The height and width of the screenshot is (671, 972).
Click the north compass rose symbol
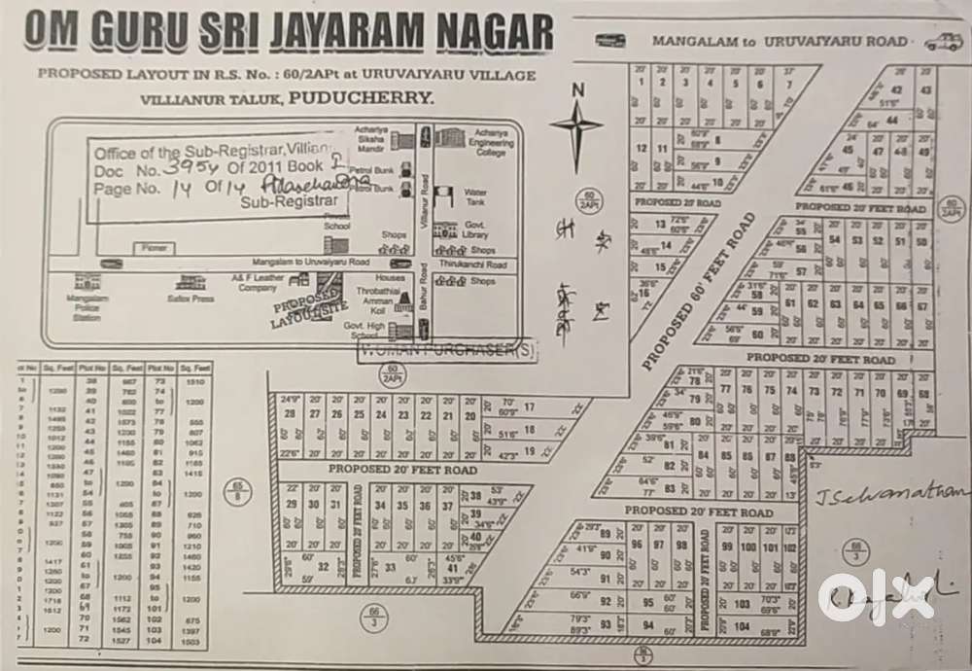click(x=576, y=125)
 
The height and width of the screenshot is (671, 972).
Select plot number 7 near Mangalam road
click(x=787, y=84)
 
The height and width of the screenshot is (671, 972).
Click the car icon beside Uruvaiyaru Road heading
click(x=942, y=43)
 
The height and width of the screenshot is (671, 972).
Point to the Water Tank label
click(x=475, y=195)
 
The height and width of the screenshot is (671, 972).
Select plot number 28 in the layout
click(x=290, y=414)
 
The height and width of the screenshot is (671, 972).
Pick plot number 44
click(x=890, y=120)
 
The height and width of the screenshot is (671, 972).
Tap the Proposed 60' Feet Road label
click(x=700, y=293)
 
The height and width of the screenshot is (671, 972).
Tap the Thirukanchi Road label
click(x=483, y=265)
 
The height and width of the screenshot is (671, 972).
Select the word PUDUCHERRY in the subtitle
click(x=359, y=98)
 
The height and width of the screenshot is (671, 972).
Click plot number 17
click(x=530, y=407)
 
